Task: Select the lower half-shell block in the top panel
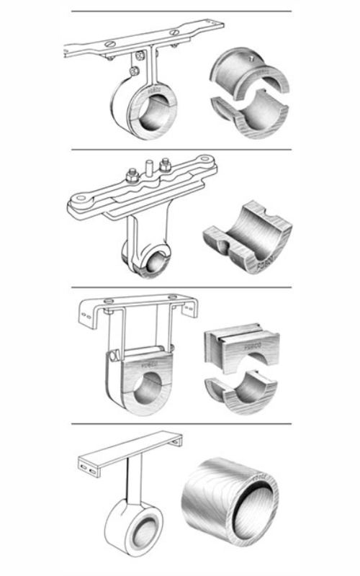(x=252, y=118)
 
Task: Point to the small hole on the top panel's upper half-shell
(x=249, y=55)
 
